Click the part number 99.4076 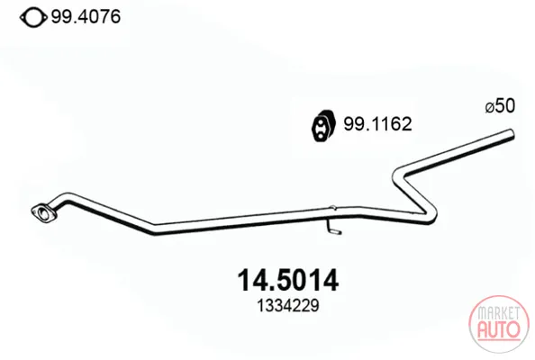click(x=86, y=16)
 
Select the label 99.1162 click(x=377, y=124)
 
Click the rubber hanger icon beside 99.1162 click(x=322, y=125)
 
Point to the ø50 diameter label click(x=500, y=105)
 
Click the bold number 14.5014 click(x=287, y=280)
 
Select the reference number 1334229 click(x=288, y=305)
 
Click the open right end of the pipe click(x=511, y=134)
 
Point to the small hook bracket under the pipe click(x=332, y=229)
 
